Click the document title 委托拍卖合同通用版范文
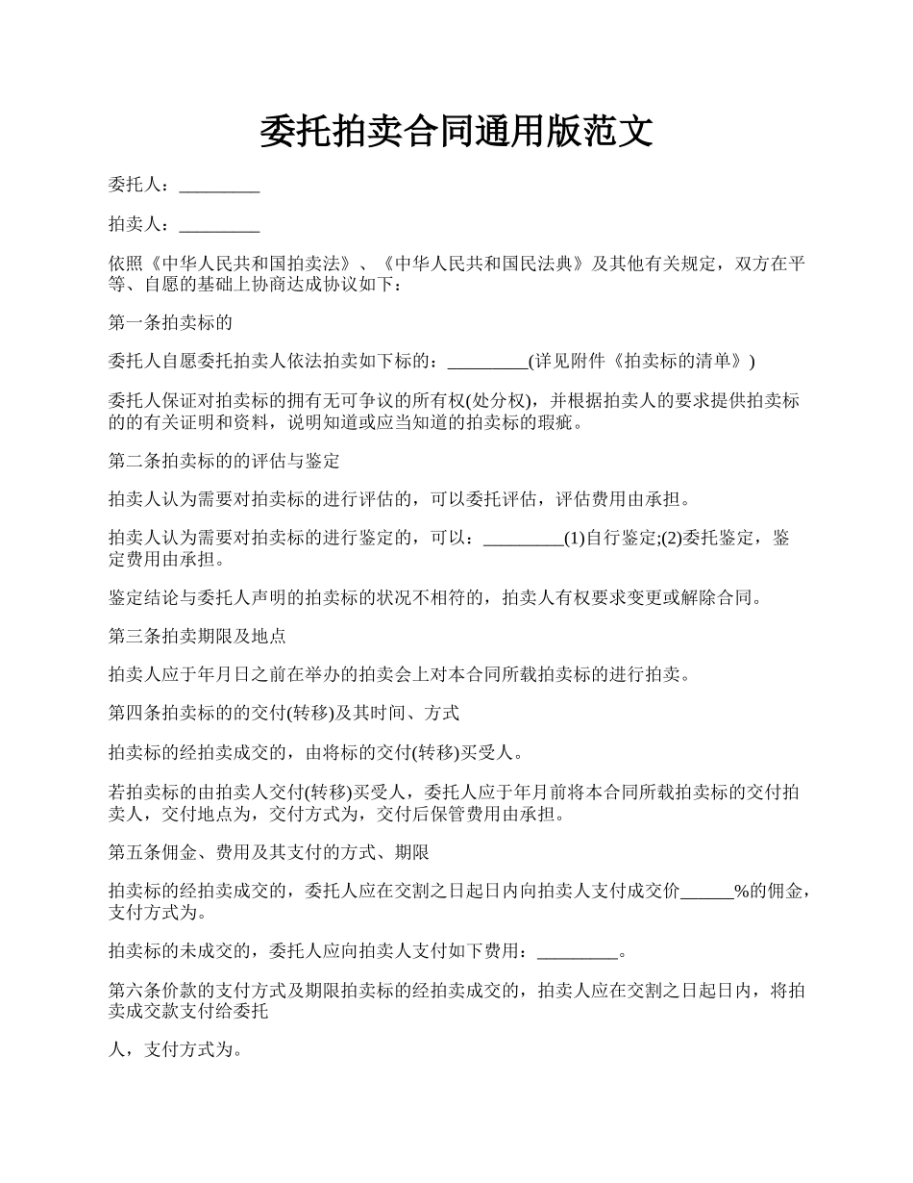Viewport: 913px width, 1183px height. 456,131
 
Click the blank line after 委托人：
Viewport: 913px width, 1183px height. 219,185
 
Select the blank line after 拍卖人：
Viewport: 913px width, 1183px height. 219,225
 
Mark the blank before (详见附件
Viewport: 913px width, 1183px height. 488,362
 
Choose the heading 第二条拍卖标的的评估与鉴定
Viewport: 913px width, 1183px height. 224,461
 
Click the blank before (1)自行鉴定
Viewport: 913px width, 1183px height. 523,539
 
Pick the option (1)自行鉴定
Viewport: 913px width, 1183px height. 611,539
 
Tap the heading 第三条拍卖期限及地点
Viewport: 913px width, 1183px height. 197,637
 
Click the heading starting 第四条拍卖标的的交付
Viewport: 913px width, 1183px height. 284,714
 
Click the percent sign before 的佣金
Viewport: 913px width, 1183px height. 741,892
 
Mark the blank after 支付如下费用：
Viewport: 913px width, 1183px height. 577,952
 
